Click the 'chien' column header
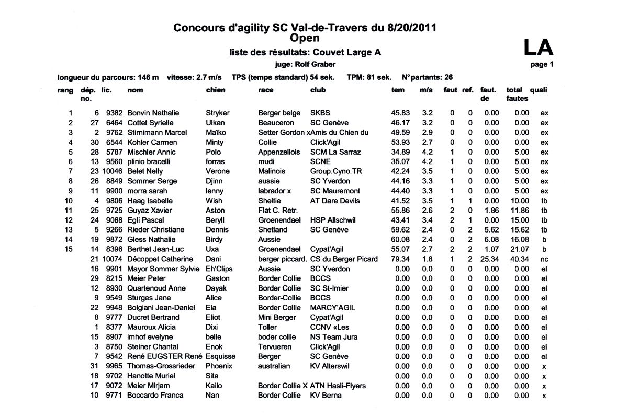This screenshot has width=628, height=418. click(216, 90)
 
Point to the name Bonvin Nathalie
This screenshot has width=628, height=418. click(153, 113)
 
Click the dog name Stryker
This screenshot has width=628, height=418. click(218, 113)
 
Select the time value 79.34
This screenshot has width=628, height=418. click(400, 259)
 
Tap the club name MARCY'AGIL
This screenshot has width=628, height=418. click(332, 308)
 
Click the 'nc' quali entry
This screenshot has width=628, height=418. click(544, 259)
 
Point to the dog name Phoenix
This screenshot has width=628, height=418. click(219, 366)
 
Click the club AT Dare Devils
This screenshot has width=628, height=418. click(334, 201)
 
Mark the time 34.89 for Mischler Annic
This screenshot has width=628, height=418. click(400, 152)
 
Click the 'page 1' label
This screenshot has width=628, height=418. click(542, 65)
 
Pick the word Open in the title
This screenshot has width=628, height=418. click(305, 38)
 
